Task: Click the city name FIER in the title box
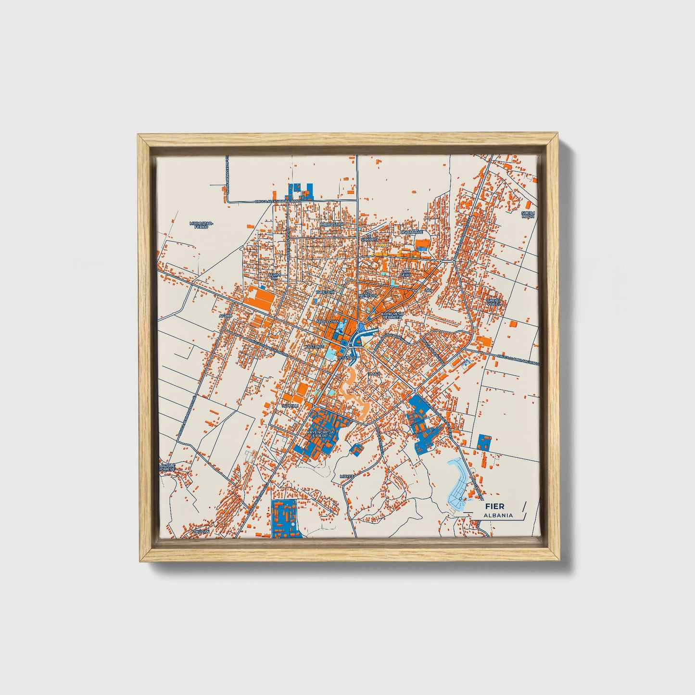494,506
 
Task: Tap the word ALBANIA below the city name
498,515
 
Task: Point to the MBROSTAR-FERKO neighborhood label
201,225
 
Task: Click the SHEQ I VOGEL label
494,302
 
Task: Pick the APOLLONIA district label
327,321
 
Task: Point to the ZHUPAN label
201,531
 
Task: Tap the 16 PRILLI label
291,405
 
